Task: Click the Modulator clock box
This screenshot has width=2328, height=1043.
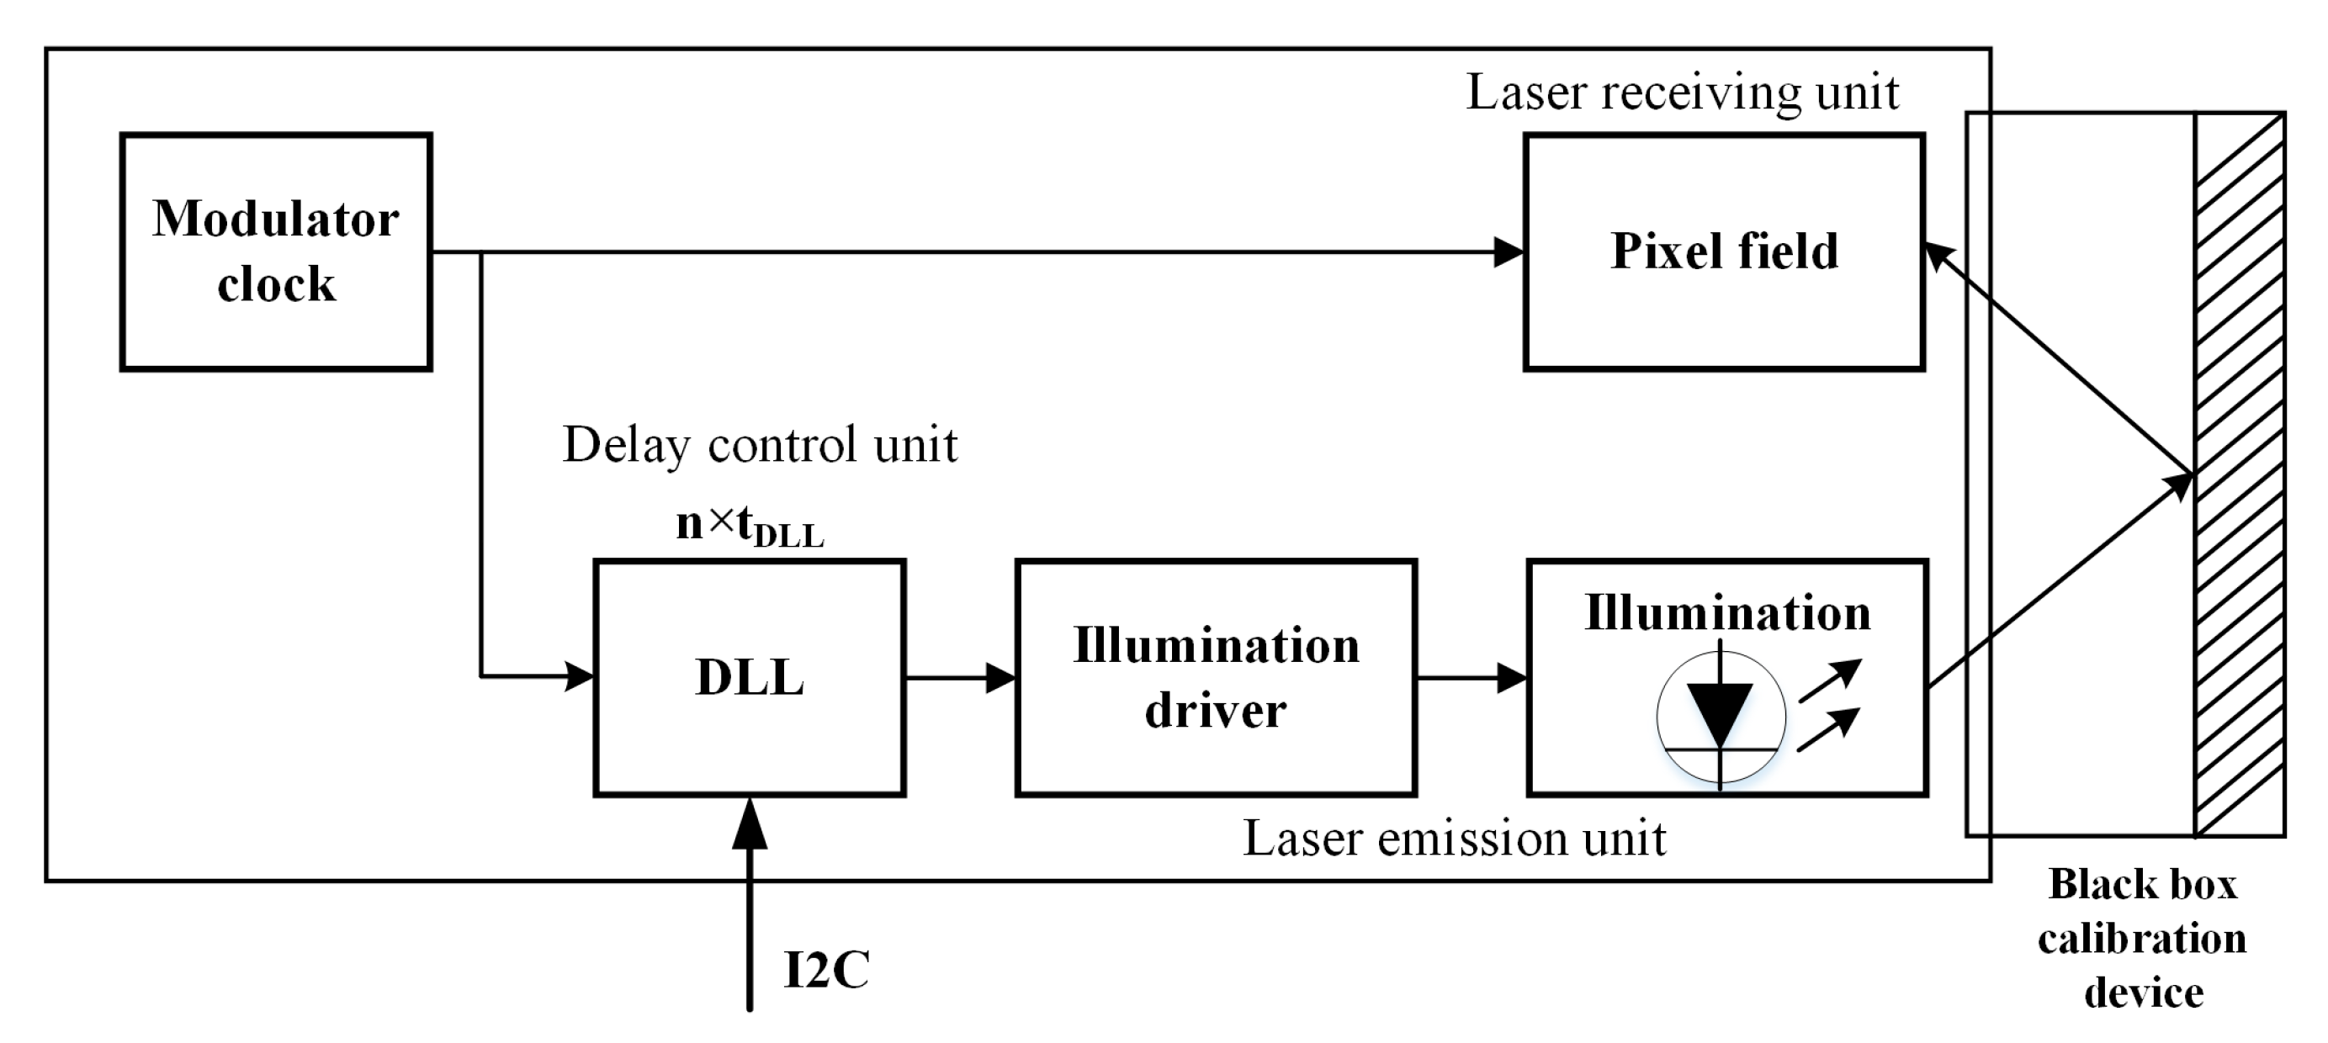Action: click(x=276, y=252)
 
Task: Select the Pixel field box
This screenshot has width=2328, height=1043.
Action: click(x=1723, y=252)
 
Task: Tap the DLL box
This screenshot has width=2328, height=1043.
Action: click(x=749, y=677)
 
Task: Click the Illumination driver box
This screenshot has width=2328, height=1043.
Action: click(x=1216, y=677)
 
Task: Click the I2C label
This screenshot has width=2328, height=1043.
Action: click(x=826, y=971)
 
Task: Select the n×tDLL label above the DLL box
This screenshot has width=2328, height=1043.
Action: click(x=749, y=525)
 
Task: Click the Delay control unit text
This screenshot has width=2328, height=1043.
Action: click(x=759, y=445)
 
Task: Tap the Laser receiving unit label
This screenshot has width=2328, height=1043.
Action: click(x=1682, y=93)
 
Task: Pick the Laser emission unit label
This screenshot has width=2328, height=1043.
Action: click(x=1454, y=839)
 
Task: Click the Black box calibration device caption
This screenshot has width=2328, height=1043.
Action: click(x=2143, y=938)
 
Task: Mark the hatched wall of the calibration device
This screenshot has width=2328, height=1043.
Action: click(x=2240, y=474)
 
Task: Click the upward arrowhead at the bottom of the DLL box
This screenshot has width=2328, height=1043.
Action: click(x=749, y=823)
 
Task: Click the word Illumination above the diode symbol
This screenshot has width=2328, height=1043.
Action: click(x=1727, y=614)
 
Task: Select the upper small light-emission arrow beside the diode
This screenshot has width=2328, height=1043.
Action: click(x=1831, y=680)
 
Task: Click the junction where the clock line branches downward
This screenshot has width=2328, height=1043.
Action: click(x=480, y=253)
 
